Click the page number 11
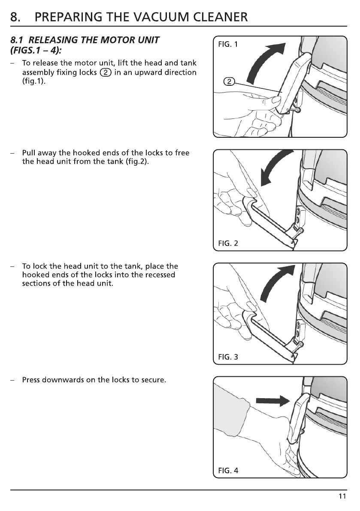point(342,496)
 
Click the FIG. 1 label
point(228,45)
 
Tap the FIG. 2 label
point(228,244)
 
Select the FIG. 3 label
point(228,357)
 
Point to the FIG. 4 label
point(228,471)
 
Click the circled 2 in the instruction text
point(106,73)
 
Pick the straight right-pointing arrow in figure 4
point(271,401)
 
